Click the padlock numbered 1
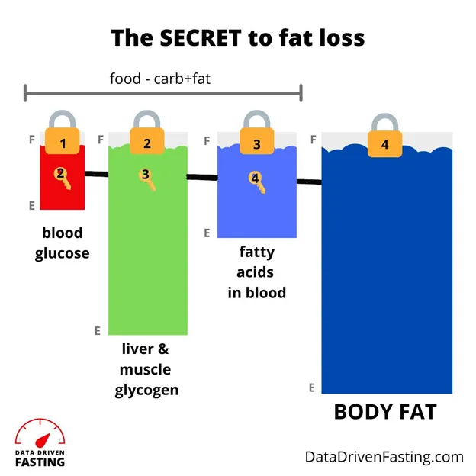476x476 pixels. pyautogui.click(x=63, y=137)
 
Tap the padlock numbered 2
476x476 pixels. pyautogui.click(x=147, y=137)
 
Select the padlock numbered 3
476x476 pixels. pyautogui.click(x=257, y=137)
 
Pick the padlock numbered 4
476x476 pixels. pyautogui.click(x=384, y=138)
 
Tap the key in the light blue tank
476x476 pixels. pyautogui.click(x=257, y=182)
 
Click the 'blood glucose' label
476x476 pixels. pyautogui.click(x=62, y=243)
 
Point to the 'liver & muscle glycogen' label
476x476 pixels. pyautogui.click(x=146, y=370)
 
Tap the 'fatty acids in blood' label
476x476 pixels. pyautogui.click(x=256, y=272)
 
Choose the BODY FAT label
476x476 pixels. pyautogui.click(x=385, y=412)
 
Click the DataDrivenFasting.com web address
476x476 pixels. pyautogui.click(x=384, y=457)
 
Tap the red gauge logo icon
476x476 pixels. pyautogui.click(x=40, y=433)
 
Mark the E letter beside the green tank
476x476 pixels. pyautogui.click(x=98, y=330)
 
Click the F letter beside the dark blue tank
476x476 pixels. pyautogui.click(x=314, y=140)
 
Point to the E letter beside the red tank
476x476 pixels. pyautogui.click(x=31, y=205)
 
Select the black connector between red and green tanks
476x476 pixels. pyautogui.click(x=96, y=175)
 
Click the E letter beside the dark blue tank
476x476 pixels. pyautogui.click(x=312, y=388)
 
